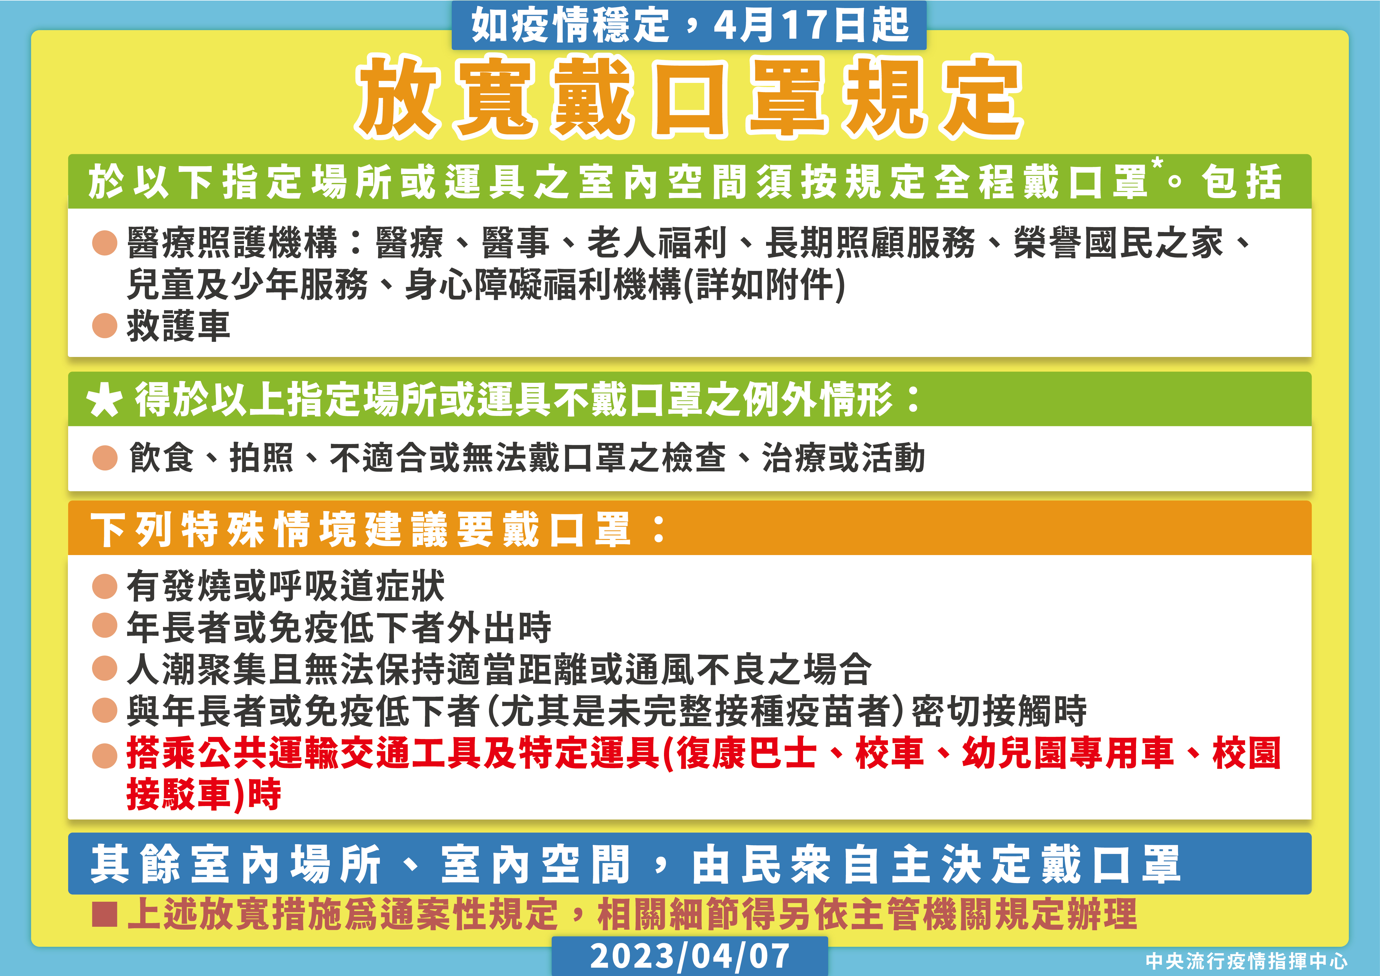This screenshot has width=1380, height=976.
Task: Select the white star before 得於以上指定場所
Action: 105,401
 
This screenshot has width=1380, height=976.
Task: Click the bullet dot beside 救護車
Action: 105,326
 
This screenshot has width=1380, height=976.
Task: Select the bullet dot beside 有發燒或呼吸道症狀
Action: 105,586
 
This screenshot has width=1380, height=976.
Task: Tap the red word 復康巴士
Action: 747,753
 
